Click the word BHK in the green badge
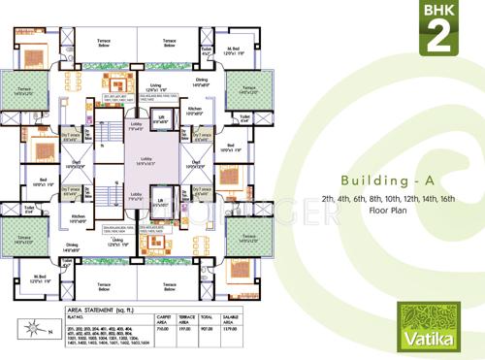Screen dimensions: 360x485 pyautogui.click(x=439, y=13)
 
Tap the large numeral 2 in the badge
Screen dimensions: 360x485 pyautogui.click(x=439, y=37)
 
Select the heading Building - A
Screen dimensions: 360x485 pyautogui.click(x=376, y=181)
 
